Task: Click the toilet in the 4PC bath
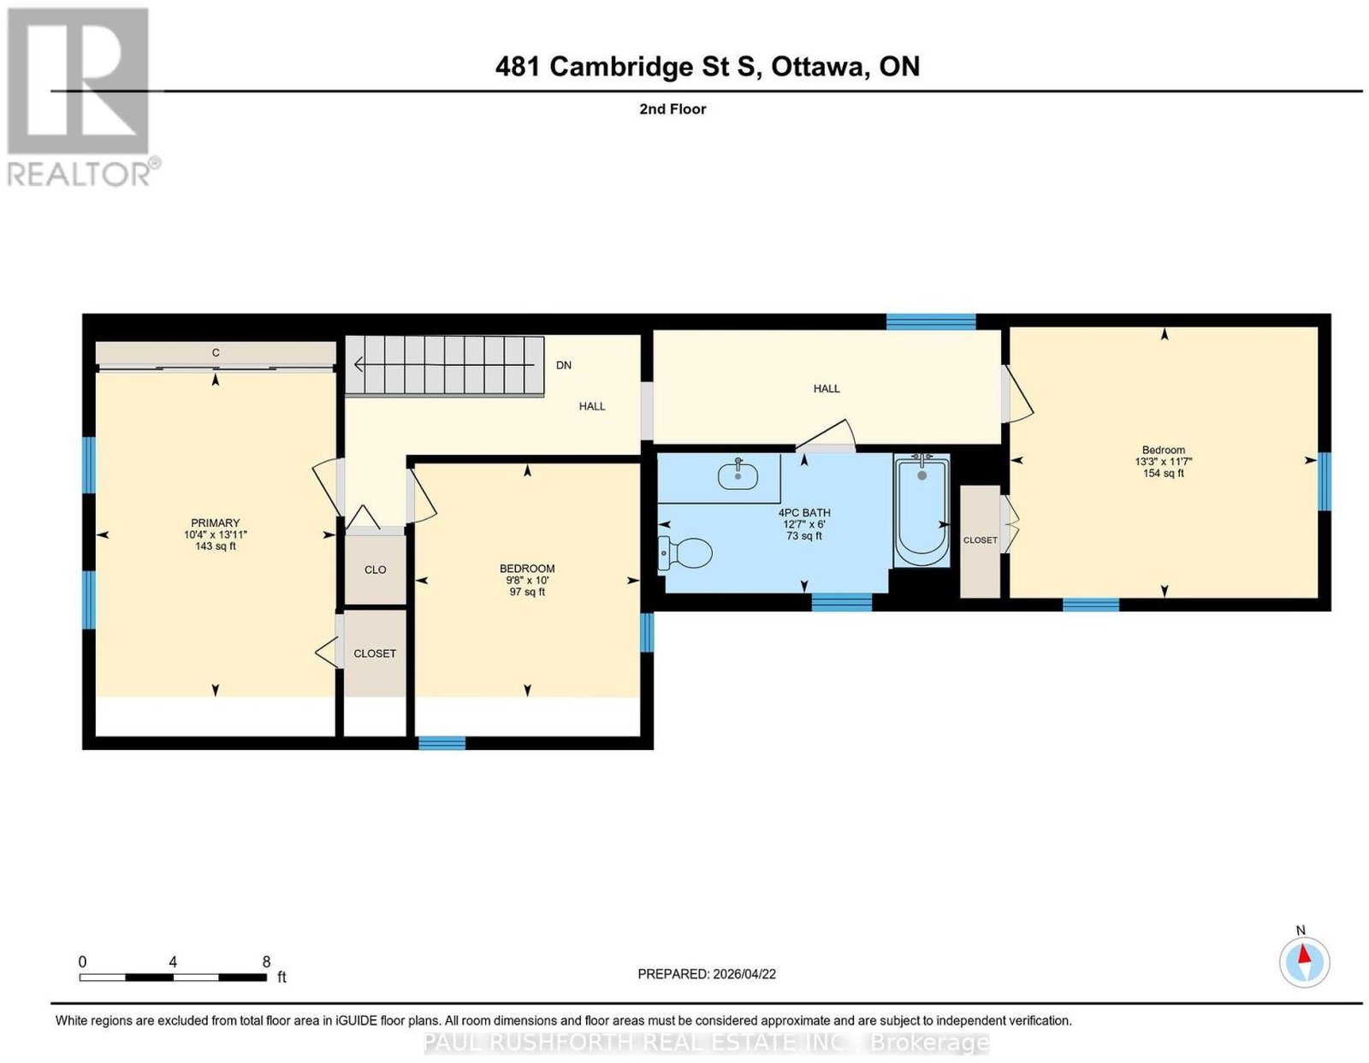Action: click(x=684, y=553)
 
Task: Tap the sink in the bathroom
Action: click(x=737, y=475)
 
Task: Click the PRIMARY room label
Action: click(x=216, y=523)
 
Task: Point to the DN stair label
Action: click(x=563, y=365)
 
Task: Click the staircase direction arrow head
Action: click(x=359, y=363)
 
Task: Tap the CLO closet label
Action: click(x=375, y=570)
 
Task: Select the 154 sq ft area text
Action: click(x=1163, y=473)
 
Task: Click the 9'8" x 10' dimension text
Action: click(x=527, y=581)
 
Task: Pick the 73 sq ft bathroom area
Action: click(x=804, y=535)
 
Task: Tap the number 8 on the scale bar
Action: click(x=266, y=962)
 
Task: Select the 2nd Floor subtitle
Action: click(x=673, y=109)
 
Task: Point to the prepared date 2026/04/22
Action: click(x=744, y=973)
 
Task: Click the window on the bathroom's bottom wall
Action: click(x=842, y=602)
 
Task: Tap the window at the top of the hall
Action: click(x=931, y=322)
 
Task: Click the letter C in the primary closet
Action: click(x=216, y=352)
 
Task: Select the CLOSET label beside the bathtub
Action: click(x=980, y=540)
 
